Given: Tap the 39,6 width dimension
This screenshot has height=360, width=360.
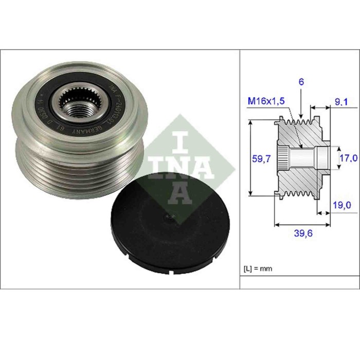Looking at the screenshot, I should (301, 233).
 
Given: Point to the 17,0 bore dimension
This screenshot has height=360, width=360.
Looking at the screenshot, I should (348, 158).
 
